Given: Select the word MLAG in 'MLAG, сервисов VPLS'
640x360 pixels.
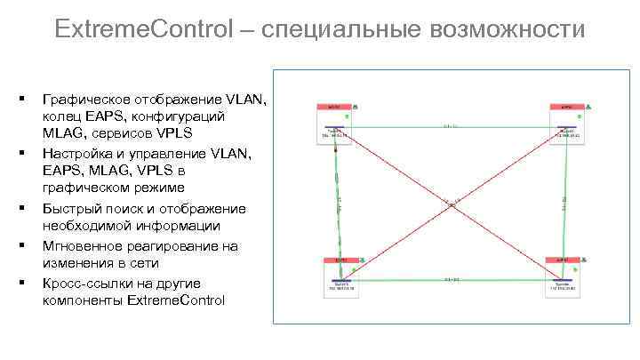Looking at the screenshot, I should pos(61,132).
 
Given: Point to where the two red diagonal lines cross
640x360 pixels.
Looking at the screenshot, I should pos(452,204).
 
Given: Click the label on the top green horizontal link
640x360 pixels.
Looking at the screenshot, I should pos(452,126).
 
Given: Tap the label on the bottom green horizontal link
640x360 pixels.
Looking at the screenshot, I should pos(452,280).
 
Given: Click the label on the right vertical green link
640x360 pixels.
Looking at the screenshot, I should pos(564,203).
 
